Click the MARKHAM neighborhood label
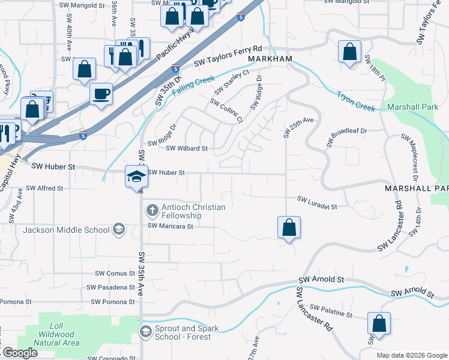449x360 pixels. [269, 59]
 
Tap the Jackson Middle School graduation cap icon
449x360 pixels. [119, 229]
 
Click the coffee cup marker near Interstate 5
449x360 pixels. [101, 94]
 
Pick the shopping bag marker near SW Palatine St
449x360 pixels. [379, 323]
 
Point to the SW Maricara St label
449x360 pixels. [170, 227]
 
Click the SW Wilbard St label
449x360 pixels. [186, 148]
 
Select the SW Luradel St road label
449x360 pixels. [317, 202]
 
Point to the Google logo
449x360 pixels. [20, 352]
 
